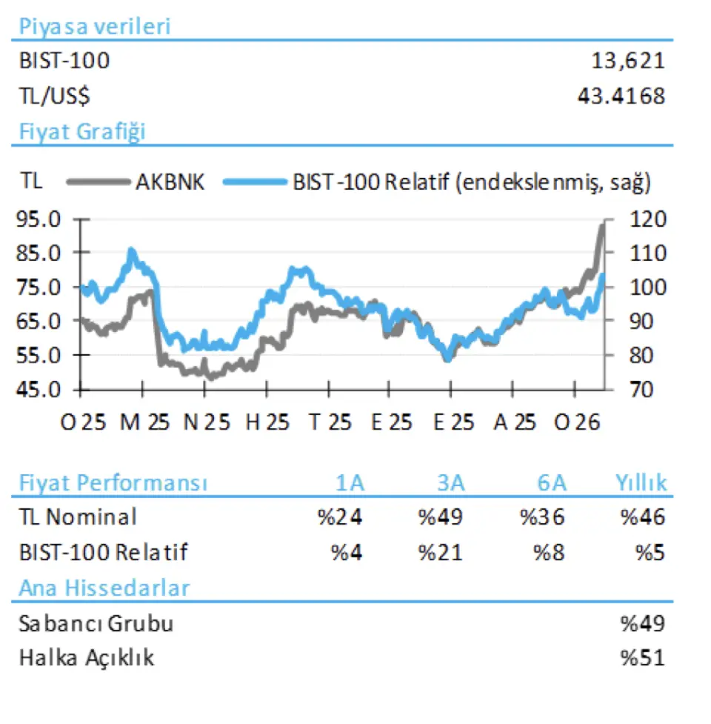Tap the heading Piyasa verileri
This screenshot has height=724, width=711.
(94, 27)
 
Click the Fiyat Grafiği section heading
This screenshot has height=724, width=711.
(81, 133)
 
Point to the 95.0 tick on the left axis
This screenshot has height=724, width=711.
(38, 219)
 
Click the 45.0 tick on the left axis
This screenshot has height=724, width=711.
(38, 389)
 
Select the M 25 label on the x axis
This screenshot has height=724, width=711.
(144, 423)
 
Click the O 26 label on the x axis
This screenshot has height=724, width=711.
(579, 423)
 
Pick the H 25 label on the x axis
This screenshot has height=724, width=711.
(267, 423)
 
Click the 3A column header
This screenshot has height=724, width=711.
(450, 484)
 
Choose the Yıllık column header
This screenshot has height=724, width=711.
(641, 484)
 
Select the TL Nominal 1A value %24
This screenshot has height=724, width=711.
(340, 517)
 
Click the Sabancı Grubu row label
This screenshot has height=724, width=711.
(96, 624)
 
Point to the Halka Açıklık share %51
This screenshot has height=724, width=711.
(643, 658)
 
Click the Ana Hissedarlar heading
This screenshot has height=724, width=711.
(104, 588)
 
